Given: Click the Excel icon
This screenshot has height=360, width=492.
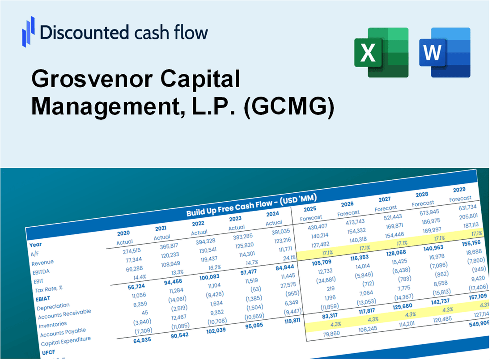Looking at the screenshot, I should (x=381, y=52).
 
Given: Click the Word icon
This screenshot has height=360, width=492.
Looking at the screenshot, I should (x=445, y=52).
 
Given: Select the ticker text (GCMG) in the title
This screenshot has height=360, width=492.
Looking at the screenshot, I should (x=289, y=107).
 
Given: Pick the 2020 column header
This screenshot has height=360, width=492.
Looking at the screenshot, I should (x=123, y=233).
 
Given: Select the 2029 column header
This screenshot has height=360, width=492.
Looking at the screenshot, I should (x=459, y=189).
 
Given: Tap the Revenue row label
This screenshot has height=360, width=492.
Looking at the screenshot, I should (x=42, y=262).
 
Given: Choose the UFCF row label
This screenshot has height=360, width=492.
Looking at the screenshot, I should (x=48, y=352).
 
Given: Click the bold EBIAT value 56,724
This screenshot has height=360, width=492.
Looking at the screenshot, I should (x=126, y=286).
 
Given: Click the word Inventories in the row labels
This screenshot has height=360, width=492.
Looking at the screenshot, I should (x=53, y=324).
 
